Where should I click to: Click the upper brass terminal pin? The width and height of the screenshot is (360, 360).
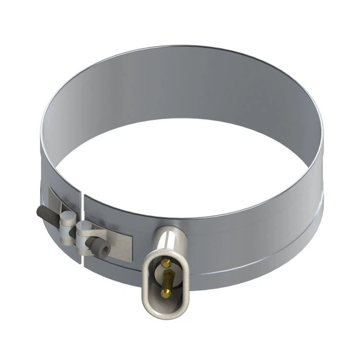pyautogui.click(x=166, y=263)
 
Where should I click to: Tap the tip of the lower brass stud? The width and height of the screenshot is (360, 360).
pyautogui.click(x=166, y=293)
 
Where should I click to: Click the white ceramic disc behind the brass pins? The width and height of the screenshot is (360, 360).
pyautogui.click(x=160, y=272)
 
